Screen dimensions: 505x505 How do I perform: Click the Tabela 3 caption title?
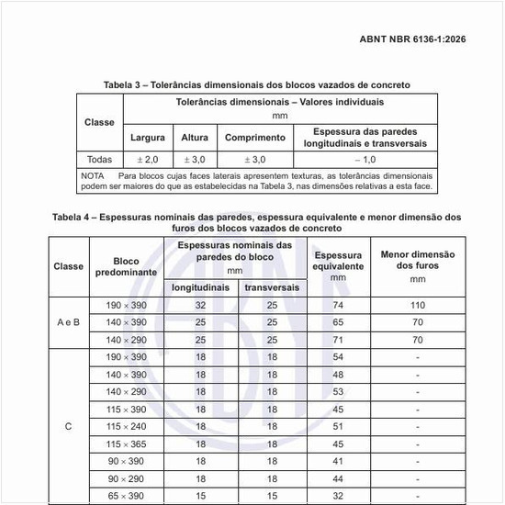[x=256, y=84]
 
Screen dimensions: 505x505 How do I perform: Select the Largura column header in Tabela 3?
[x=148, y=137]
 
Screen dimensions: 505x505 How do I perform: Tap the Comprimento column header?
[x=254, y=137]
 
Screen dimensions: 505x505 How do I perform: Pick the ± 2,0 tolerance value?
[x=148, y=159]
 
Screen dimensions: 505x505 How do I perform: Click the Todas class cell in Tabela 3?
[x=99, y=159]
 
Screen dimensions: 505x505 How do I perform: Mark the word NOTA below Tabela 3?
[x=93, y=174]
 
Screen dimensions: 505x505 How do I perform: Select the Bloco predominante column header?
[x=126, y=267]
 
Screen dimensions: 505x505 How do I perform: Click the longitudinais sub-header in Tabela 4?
[x=201, y=287]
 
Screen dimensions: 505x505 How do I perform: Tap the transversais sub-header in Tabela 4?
[x=272, y=287]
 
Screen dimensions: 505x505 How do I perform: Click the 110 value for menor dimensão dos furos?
[x=418, y=306]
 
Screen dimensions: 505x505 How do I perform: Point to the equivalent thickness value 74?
[x=338, y=306]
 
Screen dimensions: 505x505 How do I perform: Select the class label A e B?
[x=68, y=322]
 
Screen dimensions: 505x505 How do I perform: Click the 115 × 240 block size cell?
[x=126, y=426]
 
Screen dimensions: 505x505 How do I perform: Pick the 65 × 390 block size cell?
[x=126, y=496]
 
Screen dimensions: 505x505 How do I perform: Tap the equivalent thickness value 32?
[x=338, y=496]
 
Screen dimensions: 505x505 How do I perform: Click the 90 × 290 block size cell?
[x=126, y=478]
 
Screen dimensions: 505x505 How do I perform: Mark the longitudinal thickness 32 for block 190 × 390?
[x=201, y=306]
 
